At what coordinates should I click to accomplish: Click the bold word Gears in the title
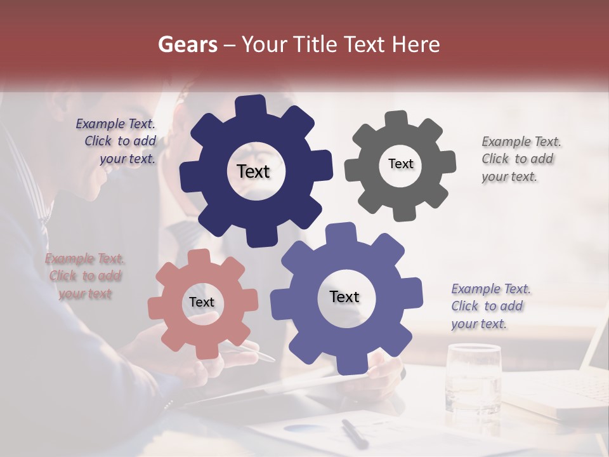point(187,44)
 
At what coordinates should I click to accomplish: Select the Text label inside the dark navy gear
point(253,171)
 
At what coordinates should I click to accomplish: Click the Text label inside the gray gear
point(400,164)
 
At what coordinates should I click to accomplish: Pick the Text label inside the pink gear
point(202,303)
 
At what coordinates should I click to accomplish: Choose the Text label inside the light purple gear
point(344,297)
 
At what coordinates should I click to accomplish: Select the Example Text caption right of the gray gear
point(520,159)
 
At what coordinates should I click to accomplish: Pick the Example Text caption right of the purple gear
point(490,306)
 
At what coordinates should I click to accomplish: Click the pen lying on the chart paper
point(354,434)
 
